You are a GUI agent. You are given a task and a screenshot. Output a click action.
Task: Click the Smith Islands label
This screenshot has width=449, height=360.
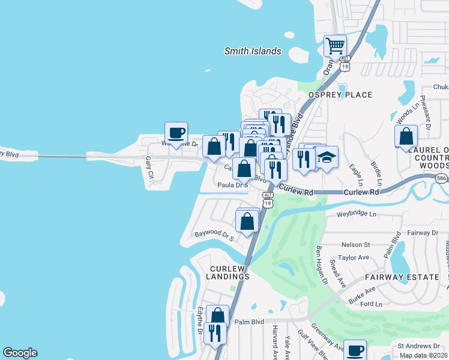(253, 51)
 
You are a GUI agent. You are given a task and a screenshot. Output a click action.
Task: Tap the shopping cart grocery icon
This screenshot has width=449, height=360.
(335, 45)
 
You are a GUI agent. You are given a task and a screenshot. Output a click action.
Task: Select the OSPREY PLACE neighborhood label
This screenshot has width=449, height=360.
(340, 95)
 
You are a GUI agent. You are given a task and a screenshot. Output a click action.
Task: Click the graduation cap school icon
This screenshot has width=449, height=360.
(327, 158)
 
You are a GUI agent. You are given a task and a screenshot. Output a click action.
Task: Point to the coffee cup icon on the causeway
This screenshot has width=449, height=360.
(176, 133)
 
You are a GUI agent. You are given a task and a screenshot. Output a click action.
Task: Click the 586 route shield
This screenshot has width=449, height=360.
(441, 178)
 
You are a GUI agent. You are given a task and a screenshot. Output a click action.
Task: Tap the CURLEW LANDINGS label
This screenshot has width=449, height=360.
(229, 272)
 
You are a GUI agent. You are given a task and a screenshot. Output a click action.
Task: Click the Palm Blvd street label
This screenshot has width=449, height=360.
(249, 322)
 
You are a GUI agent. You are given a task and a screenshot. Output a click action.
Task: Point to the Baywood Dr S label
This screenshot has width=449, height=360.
(213, 234)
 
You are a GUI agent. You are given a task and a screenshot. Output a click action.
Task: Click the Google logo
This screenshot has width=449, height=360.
(20, 353)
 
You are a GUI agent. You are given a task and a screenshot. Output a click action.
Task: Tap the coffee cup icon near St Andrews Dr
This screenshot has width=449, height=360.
(355, 350)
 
